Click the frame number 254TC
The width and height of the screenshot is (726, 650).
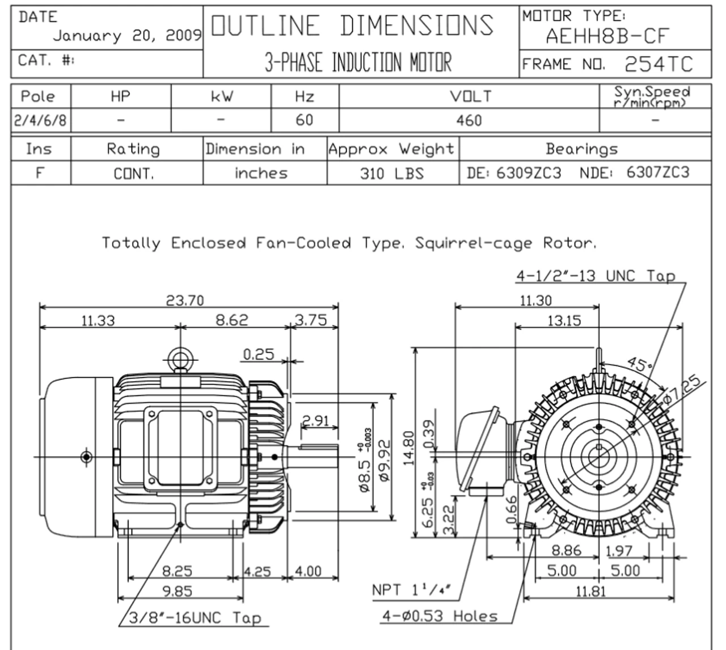[x=659, y=64]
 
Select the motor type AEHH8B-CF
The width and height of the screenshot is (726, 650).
[x=607, y=36]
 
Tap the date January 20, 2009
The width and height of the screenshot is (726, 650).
[x=127, y=36]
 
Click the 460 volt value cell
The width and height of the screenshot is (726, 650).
[x=468, y=120]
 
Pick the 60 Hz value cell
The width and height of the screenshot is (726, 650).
[x=305, y=120]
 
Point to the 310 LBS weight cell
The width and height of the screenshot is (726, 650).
[x=392, y=173]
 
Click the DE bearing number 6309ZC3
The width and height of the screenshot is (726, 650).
[x=529, y=172]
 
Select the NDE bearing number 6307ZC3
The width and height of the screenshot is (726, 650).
[x=658, y=172]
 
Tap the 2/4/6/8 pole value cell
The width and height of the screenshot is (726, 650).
[x=40, y=120]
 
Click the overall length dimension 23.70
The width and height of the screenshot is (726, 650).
[x=185, y=300]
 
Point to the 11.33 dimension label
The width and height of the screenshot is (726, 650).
[x=98, y=320]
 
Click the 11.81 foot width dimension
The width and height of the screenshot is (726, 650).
[x=590, y=591]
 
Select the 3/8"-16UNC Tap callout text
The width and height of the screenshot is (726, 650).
[x=195, y=617]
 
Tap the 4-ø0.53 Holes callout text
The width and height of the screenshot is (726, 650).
[x=440, y=615]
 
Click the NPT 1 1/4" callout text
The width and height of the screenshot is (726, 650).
[x=411, y=590]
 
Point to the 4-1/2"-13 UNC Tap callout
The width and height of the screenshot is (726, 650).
[x=596, y=276]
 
